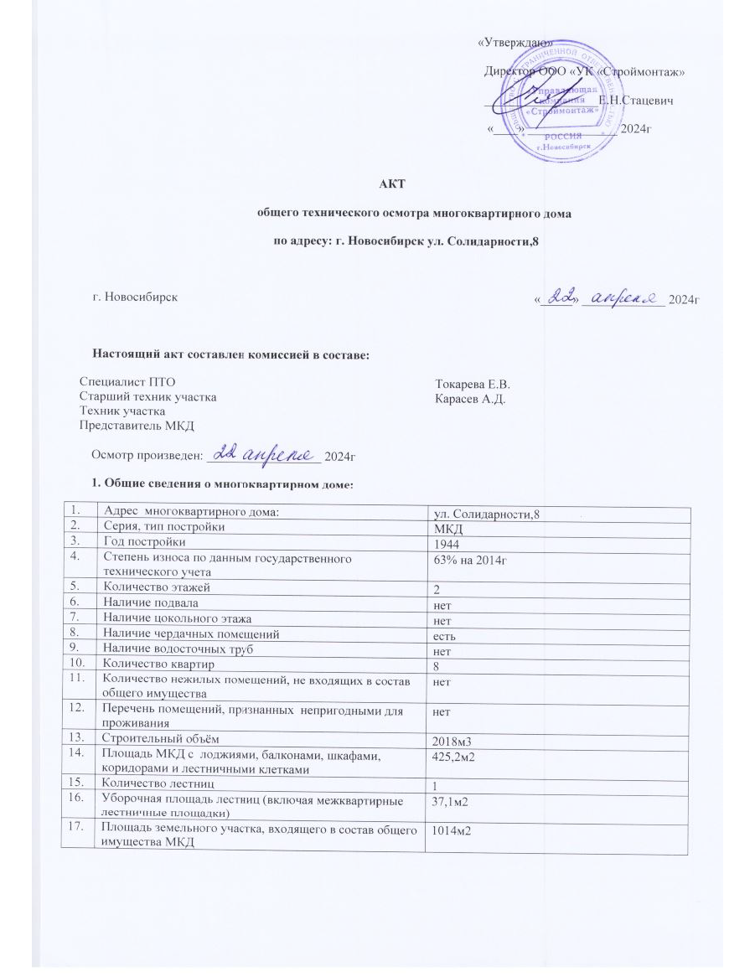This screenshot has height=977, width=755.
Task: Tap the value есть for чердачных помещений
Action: pyautogui.click(x=442, y=635)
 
